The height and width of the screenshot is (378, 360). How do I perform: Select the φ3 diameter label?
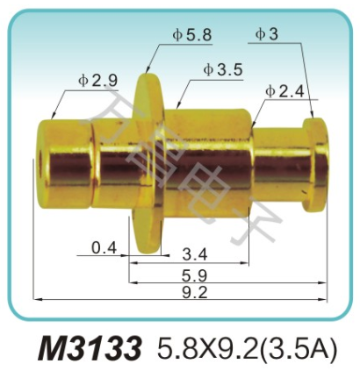click(x=268, y=35)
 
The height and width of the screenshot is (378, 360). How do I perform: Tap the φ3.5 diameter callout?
click(x=220, y=69)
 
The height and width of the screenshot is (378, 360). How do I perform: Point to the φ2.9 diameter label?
click(x=96, y=79)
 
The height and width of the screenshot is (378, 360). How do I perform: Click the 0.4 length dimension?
click(x=104, y=248)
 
